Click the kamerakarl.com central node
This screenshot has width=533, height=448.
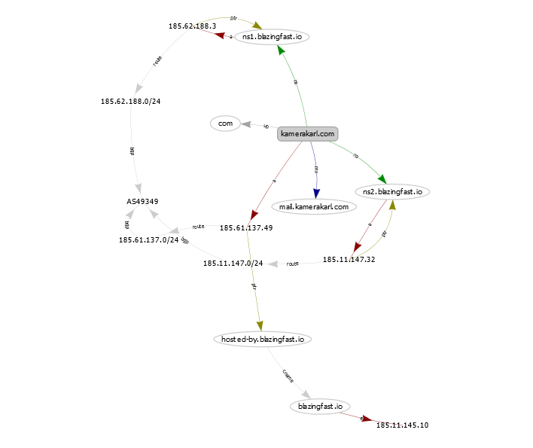tap(307, 134)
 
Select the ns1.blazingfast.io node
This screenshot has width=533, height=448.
tap(273, 36)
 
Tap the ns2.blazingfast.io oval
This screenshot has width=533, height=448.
tap(391, 191)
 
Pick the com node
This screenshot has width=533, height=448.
tap(224, 123)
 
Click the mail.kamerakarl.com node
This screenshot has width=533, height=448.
tap(314, 206)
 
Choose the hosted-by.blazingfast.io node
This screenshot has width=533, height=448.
tap(262, 340)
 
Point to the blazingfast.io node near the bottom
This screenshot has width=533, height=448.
tap(320, 406)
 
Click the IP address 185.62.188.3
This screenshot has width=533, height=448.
tap(193, 26)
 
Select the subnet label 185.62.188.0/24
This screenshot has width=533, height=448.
tap(130, 101)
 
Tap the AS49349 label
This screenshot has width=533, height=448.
tap(142, 202)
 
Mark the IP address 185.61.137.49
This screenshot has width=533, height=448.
tap(246, 227)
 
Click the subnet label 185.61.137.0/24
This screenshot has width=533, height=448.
tap(148, 240)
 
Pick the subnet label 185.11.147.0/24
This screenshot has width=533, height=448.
tap(233, 264)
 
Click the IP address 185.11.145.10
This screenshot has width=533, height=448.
tap(402, 425)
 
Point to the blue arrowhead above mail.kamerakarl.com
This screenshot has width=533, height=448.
tap(317, 193)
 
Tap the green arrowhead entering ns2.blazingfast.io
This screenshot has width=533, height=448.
tap(382, 178)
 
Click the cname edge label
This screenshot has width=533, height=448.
tap(288, 374)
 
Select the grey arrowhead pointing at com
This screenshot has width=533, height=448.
tap(246, 124)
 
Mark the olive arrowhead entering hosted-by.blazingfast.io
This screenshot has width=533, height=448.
tap(260, 325)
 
